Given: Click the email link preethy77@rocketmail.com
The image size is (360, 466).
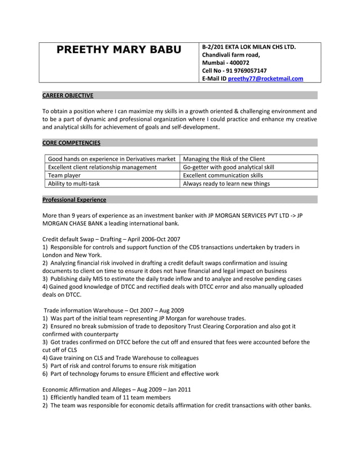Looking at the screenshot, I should [x=265, y=78].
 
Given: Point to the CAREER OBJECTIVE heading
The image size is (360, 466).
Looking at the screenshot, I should [x=68, y=96].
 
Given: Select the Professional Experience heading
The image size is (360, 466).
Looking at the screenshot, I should [x=74, y=200].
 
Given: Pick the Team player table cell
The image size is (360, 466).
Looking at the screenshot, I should [x=64, y=175].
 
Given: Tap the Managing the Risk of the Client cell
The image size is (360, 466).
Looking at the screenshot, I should [x=224, y=159].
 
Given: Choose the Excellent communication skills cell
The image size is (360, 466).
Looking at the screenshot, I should [x=223, y=175].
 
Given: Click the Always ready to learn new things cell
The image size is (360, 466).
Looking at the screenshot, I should [x=226, y=183].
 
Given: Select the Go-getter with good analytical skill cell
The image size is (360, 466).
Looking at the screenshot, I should [x=229, y=167].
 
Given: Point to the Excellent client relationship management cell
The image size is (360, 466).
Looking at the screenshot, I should [x=102, y=167].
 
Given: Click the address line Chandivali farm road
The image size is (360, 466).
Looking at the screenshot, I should [x=231, y=55].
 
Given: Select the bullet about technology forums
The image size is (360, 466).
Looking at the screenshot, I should [x=131, y=373].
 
